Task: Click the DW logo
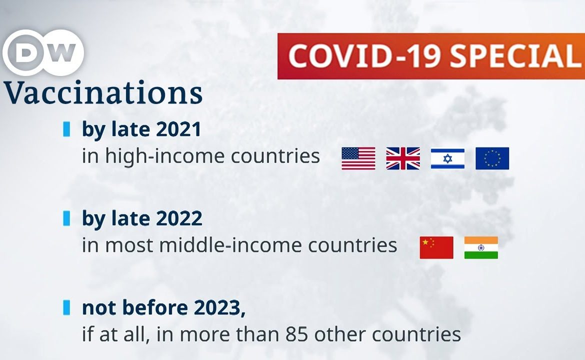(43, 52)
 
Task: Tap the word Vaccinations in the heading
(103, 92)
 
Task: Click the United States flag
(358, 158)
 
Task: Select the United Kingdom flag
(403, 158)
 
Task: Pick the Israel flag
(447, 158)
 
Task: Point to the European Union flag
(492, 158)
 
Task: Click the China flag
(436, 247)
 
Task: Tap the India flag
(481, 247)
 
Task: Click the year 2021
(178, 129)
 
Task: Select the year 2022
(179, 218)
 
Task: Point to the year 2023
(218, 308)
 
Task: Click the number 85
(296, 334)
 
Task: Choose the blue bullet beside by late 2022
(67, 218)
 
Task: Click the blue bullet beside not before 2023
(67, 307)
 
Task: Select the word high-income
(164, 156)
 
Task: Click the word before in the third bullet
(155, 308)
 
